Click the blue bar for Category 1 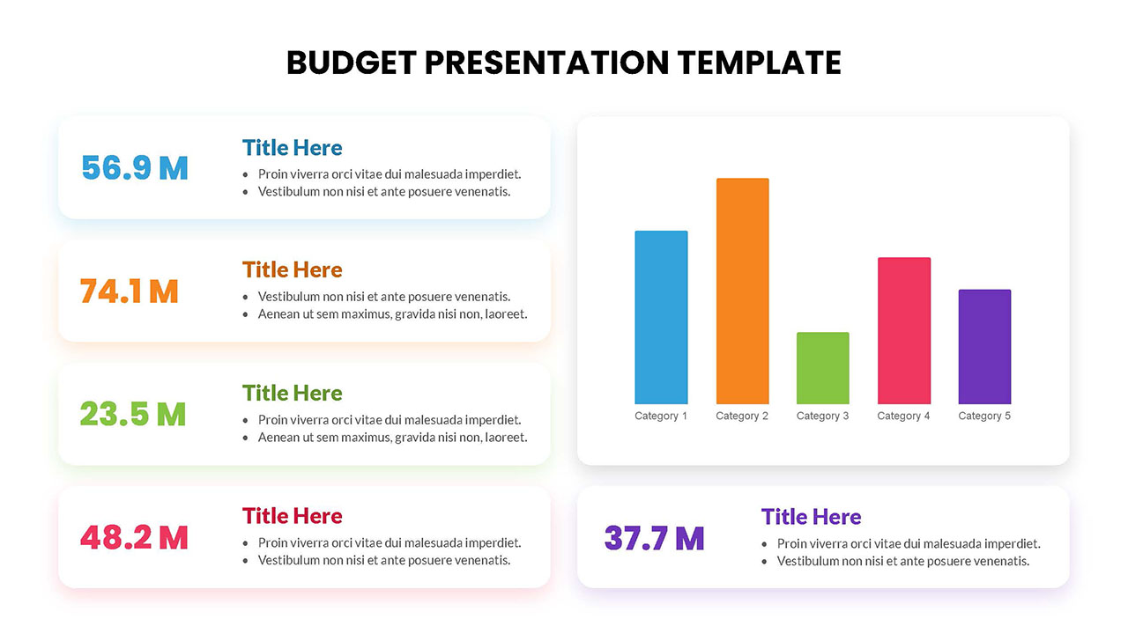click(x=661, y=317)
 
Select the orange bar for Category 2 click(x=742, y=291)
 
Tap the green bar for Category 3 click(x=822, y=368)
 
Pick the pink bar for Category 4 click(x=903, y=330)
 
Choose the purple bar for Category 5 click(x=984, y=346)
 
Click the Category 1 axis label click(x=661, y=416)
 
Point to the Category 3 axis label click(x=822, y=416)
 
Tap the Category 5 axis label click(x=984, y=416)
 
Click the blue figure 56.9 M click(x=135, y=167)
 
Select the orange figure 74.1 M click(x=130, y=291)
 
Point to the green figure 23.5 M click(x=133, y=414)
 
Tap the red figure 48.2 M click(x=134, y=537)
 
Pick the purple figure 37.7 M click(x=654, y=538)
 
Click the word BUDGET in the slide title click(x=351, y=63)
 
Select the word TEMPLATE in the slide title click(x=760, y=63)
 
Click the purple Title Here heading click(x=811, y=517)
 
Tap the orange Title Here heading click(x=292, y=269)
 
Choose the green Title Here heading click(x=292, y=393)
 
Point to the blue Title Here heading click(x=292, y=147)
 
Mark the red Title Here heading click(x=292, y=516)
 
